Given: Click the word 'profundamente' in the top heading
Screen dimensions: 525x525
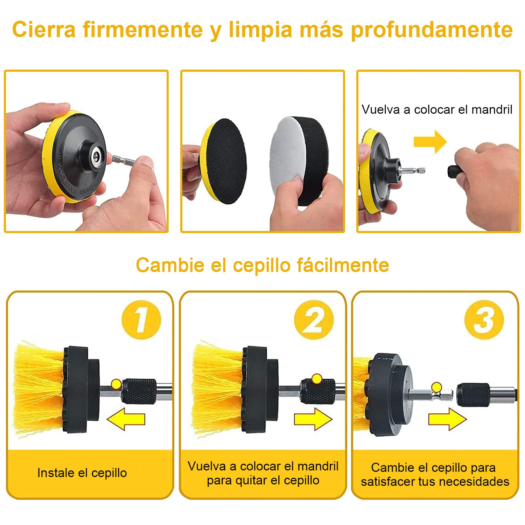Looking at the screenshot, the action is (432, 30).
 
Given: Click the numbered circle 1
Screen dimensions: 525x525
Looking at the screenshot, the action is (141, 320).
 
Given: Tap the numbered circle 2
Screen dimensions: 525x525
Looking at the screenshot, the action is (314, 320).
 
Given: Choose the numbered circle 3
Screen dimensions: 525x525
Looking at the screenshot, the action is (484, 320).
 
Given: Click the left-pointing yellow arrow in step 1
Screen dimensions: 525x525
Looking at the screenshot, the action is (126, 419).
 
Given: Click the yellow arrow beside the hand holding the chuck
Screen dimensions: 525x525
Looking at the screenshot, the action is (430, 142).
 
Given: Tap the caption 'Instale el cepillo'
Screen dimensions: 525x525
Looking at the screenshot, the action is (82, 473).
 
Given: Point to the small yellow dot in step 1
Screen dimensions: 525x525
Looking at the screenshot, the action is (116, 384).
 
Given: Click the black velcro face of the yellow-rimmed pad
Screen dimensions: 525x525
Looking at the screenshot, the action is (226, 161).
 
